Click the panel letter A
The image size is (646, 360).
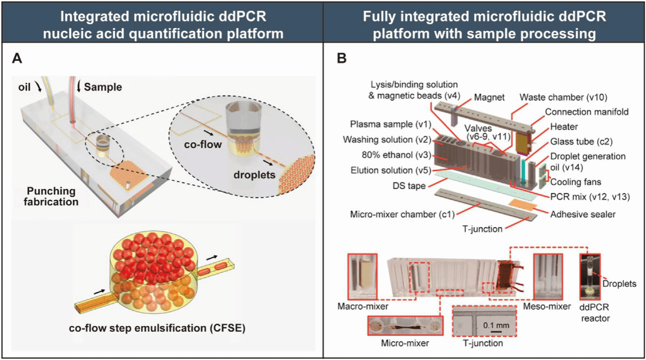(x=17, y=60)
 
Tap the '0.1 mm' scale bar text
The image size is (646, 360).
(x=493, y=325)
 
